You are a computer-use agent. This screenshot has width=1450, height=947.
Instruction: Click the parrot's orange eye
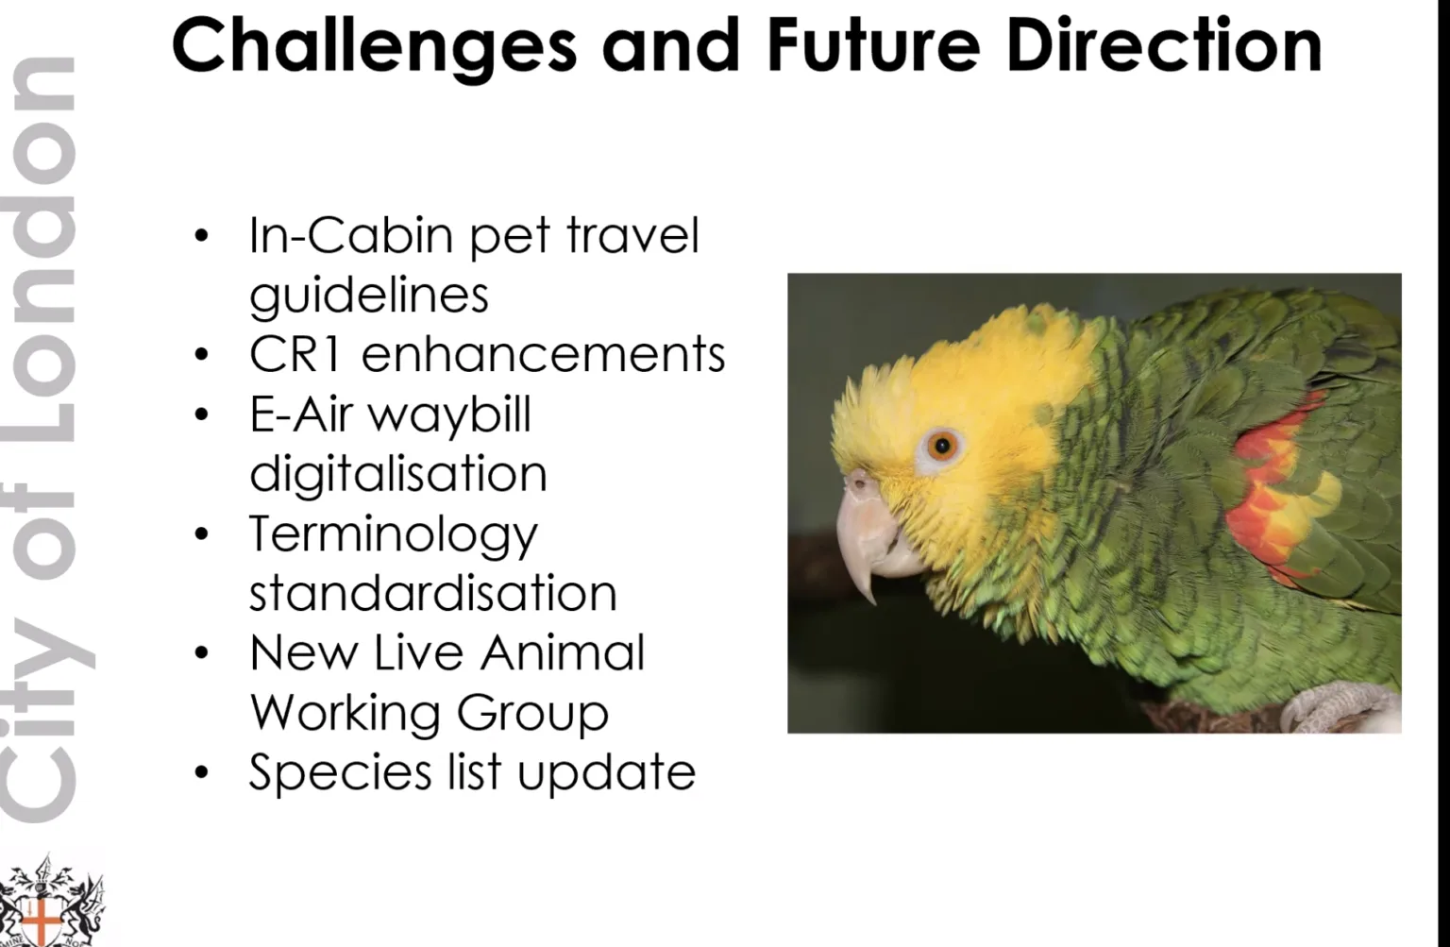coord(941,445)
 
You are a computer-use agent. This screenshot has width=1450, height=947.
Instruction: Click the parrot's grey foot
coord(1340,708)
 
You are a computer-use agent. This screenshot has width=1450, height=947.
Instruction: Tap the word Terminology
coord(393,535)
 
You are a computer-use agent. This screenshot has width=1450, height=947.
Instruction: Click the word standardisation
coord(432,593)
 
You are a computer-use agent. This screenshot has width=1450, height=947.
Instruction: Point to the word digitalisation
coord(397,474)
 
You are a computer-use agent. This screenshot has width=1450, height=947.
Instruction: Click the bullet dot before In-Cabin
coord(201,236)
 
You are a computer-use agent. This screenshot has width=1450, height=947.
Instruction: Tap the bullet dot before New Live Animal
coord(201,653)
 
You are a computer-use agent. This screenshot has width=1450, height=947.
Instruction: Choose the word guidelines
coord(369,296)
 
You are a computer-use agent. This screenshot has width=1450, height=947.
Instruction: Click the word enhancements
coord(543,354)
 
